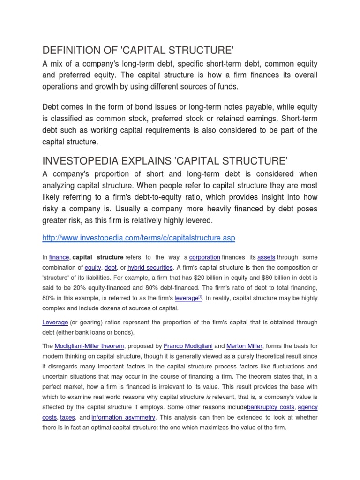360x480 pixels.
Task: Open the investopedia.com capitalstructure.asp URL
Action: pos(138,238)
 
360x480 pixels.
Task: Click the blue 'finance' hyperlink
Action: pos(59,257)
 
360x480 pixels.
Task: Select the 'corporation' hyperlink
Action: pos(204,257)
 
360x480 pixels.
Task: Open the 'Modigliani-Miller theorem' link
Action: pos(89,346)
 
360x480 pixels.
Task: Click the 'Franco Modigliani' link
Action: pos(188,346)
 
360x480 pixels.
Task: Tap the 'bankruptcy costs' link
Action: pos(270,407)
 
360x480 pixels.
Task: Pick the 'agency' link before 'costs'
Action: pos(307,407)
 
